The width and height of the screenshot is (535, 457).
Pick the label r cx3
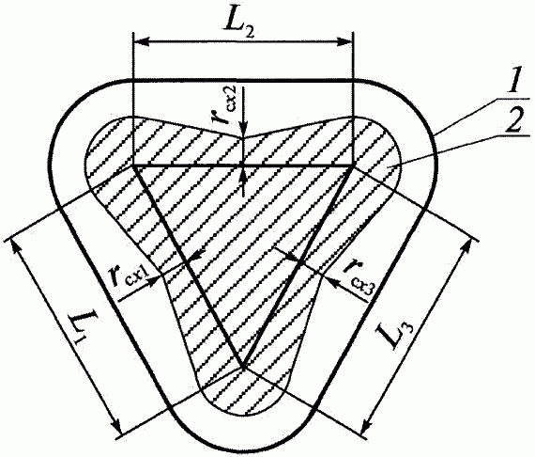(358, 276)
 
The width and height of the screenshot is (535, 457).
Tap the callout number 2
(512, 122)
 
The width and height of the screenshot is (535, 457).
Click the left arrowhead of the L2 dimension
(141, 42)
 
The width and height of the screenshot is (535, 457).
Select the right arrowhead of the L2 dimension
(344, 42)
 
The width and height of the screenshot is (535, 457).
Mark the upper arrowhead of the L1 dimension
(16, 247)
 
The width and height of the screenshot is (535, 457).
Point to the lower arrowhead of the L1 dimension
(116, 426)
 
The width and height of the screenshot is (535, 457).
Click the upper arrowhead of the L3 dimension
(466, 247)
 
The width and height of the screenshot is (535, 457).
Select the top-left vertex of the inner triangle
(133, 165)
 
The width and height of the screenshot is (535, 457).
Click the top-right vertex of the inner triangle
(353, 165)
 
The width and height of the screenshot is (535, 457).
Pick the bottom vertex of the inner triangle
(243, 367)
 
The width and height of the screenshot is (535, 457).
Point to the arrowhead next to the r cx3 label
(330, 280)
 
